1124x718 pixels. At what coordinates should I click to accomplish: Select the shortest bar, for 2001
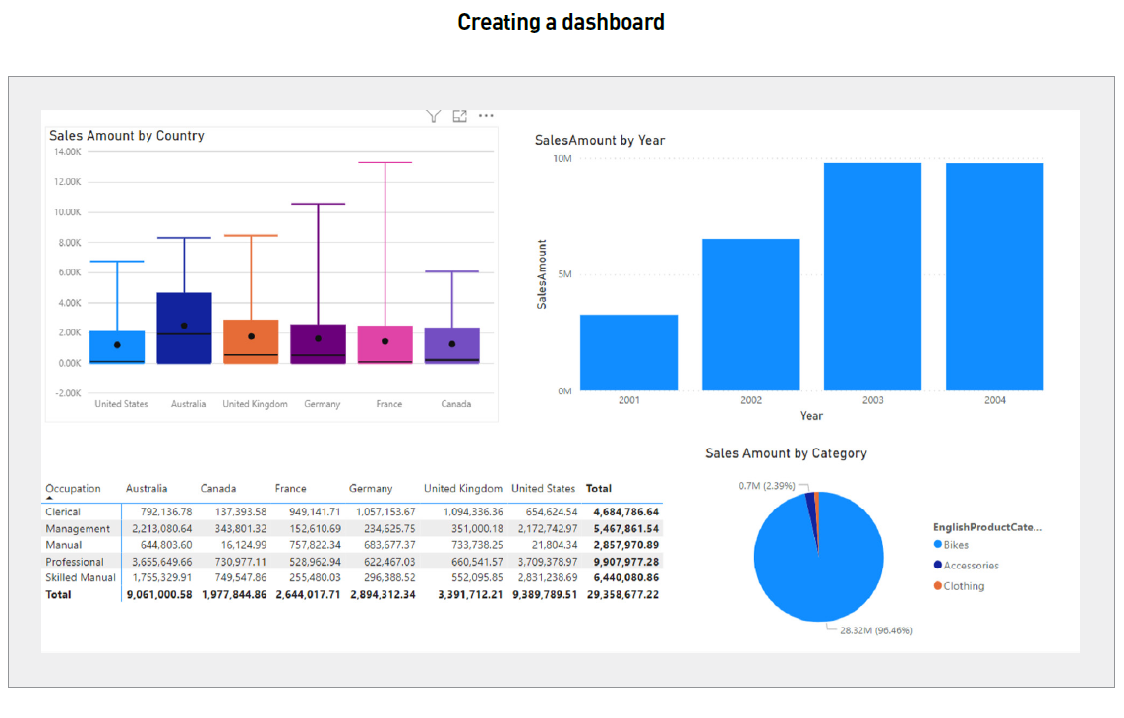pos(628,352)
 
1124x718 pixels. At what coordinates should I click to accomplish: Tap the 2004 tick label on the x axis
pos(994,400)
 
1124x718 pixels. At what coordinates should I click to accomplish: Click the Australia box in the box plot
pos(184,328)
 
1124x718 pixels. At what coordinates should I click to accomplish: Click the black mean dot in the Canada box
pos(452,344)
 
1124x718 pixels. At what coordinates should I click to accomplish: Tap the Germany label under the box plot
pos(322,404)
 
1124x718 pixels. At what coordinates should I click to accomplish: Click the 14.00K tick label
pos(67,151)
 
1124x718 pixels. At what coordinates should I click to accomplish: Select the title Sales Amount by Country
pos(127,136)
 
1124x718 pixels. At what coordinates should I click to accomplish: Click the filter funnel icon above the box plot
pos(433,116)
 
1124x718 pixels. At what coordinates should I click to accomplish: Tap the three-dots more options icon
pos(486,116)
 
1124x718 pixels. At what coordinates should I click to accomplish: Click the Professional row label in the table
pos(75,562)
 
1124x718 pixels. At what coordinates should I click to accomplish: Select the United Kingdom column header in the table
pos(463,488)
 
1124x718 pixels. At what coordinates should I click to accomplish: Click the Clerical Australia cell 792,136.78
pos(158,511)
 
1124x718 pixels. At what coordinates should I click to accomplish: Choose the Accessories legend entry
pos(971,566)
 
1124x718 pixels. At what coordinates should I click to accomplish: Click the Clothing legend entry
pos(964,586)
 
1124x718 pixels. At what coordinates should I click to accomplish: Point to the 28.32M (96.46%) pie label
pos(875,630)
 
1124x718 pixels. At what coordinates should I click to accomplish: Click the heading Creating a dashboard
pos(561,22)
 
